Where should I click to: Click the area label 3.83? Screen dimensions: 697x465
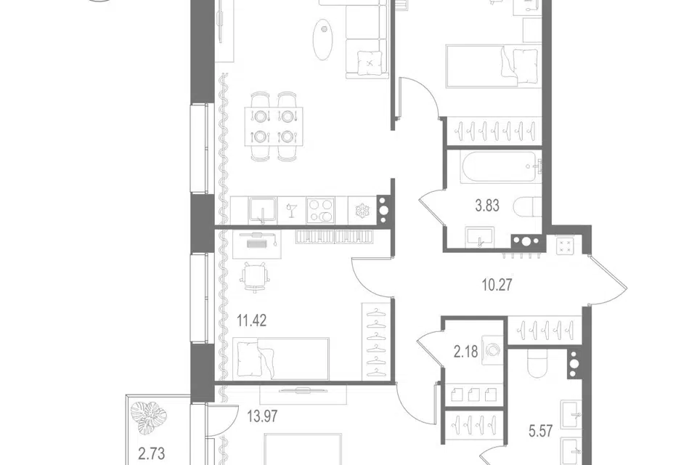pos(487,206)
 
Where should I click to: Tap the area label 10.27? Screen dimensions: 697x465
pos(497,284)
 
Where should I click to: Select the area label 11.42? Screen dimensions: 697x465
pos(252,320)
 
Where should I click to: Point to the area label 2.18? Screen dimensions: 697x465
pos(465,352)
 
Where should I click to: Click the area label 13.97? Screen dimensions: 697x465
pos(262,416)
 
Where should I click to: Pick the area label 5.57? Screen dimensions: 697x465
pos(540,431)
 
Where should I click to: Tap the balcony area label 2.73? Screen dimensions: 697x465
pos(152,453)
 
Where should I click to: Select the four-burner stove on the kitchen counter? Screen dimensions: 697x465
pos(320,211)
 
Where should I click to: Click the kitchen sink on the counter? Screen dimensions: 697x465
pos(262,211)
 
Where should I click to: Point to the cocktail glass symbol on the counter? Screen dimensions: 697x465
pos(292,210)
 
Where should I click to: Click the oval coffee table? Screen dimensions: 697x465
pos(322,39)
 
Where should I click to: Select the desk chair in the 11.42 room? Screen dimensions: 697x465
pos(255,278)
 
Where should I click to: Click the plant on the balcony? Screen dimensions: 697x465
pos(149,418)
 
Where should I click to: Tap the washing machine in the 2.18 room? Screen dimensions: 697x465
pos(492,350)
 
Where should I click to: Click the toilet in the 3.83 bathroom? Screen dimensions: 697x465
pos(528,207)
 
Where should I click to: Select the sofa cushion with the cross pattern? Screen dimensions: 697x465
pos(370,63)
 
